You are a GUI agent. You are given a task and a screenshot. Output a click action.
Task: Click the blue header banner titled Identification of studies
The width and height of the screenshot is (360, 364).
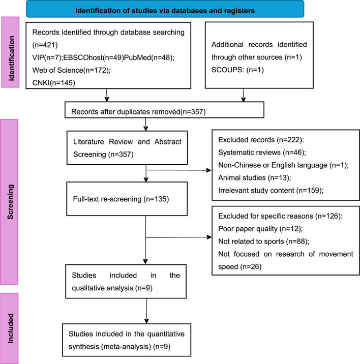click(165, 9)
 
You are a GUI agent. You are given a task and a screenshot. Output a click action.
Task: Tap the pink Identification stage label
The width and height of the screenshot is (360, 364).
click(11, 52)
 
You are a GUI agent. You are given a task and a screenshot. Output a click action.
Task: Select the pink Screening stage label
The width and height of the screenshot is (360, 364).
click(9, 202)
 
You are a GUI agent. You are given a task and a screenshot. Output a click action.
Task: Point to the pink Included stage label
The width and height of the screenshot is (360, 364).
click(9, 328)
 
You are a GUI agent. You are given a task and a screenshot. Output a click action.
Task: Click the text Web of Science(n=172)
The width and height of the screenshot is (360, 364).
click(71, 70)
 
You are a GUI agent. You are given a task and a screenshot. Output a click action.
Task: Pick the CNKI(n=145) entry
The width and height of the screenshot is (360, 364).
click(54, 83)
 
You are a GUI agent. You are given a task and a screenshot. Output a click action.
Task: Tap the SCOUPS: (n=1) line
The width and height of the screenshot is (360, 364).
click(237, 70)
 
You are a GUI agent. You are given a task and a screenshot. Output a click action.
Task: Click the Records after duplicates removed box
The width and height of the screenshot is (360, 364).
click(164, 110)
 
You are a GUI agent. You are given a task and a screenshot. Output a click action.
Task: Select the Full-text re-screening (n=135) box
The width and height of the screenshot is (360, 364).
click(127, 199)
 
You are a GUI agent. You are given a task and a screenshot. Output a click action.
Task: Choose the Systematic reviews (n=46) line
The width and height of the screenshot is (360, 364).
click(262, 153)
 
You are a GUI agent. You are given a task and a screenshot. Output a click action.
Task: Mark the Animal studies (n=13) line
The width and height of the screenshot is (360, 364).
click(255, 177)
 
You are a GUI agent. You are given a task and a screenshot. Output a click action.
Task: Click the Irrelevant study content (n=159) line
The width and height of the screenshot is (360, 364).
click(271, 190)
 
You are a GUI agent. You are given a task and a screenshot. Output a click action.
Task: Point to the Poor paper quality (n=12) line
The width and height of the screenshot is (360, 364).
click(260, 229)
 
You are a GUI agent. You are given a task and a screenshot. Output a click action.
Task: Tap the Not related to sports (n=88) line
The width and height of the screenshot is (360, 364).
click(263, 241)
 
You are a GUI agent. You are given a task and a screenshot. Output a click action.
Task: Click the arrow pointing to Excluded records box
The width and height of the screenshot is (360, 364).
click(178, 170)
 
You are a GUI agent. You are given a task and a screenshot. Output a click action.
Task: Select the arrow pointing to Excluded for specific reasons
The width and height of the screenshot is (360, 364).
click(178, 237)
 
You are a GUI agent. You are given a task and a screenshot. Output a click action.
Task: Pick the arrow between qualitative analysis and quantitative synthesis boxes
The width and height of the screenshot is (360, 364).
click(146, 311)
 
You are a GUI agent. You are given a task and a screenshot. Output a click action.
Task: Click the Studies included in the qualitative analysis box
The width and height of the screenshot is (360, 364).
click(126, 281)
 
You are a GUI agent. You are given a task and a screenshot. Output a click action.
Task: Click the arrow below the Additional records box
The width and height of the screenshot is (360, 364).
click(243, 95)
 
